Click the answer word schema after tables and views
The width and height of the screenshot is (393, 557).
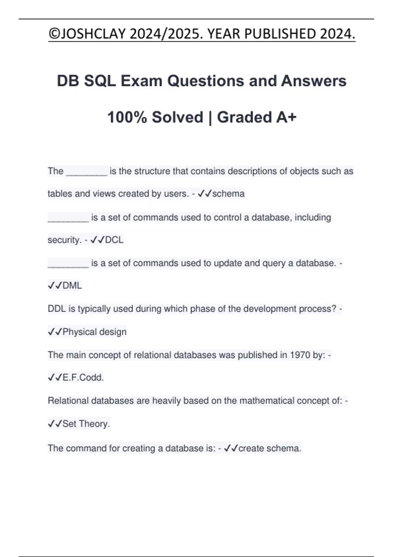[x=228, y=194]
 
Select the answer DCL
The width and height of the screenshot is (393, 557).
[x=114, y=240]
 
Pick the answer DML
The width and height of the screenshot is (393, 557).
[x=72, y=285]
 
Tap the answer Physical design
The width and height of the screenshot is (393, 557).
[x=94, y=332]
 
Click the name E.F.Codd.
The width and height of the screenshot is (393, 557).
[x=83, y=377]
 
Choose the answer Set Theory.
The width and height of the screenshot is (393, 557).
[x=86, y=424]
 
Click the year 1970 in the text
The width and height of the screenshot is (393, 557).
[x=300, y=355]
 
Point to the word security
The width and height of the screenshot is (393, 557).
[x=64, y=240]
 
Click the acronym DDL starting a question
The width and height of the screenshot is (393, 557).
[x=57, y=309]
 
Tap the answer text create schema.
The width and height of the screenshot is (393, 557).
[x=270, y=448]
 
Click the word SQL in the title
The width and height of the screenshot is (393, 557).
[x=100, y=81]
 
